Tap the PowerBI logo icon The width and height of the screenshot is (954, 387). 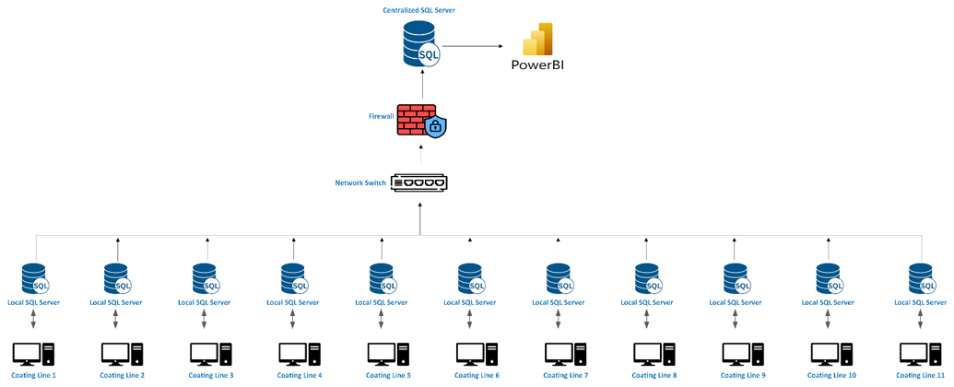click(x=537, y=40)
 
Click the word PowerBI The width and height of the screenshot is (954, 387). click(x=537, y=65)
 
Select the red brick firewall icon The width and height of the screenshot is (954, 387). click(x=417, y=120)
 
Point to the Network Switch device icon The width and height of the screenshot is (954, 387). click(x=419, y=182)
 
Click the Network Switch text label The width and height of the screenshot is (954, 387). click(x=360, y=183)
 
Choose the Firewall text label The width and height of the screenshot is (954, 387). click(x=382, y=117)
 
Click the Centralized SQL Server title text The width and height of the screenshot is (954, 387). click(x=419, y=10)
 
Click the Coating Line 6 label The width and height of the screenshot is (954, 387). click(x=477, y=376)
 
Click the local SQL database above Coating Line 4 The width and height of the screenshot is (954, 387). click(x=294, y=278)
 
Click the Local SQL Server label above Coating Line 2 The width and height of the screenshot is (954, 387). click(x=115, y=302)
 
